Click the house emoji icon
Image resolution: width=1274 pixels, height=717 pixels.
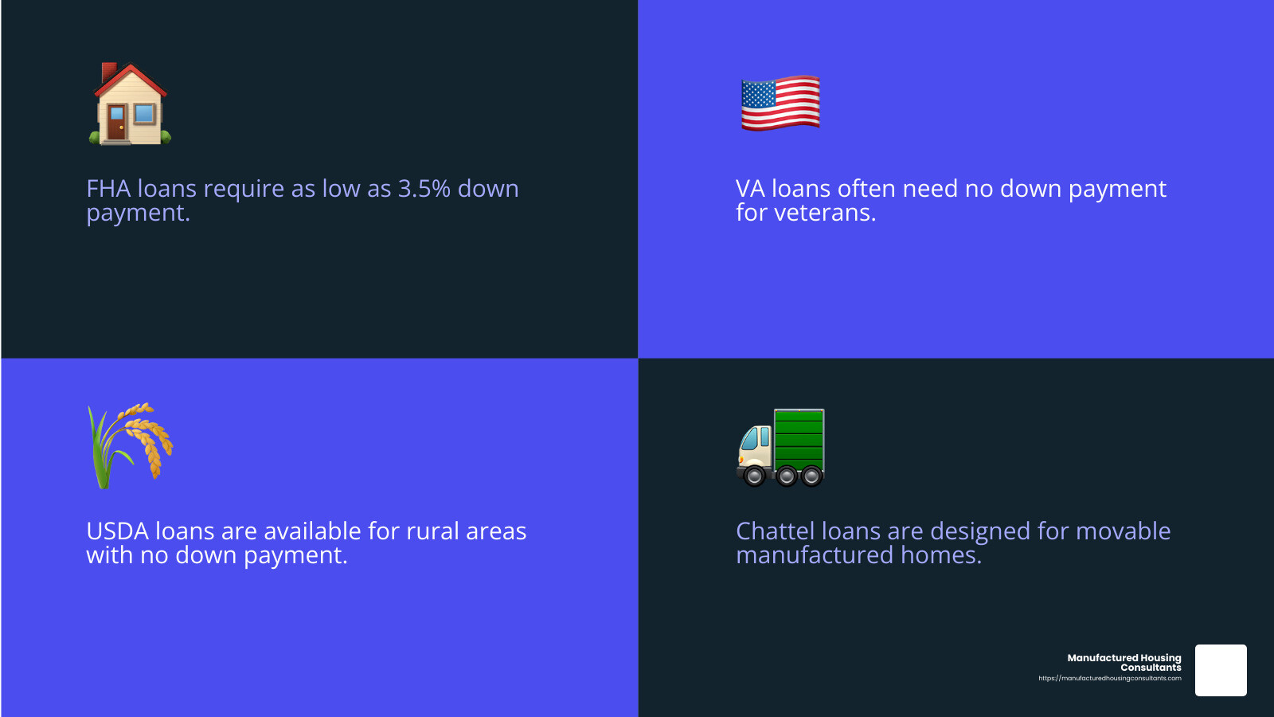[130, 104]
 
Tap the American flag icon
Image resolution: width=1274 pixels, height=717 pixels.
[780, 103]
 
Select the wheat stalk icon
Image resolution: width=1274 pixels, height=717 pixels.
[131, 445]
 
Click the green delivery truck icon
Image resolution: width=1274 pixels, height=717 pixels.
[780, 448]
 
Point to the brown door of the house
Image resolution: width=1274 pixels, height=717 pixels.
[116, 122]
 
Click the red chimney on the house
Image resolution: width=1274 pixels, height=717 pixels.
[108, 72]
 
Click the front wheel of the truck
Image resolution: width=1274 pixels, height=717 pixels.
[755, 476]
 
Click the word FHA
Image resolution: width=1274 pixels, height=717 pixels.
[108, 188]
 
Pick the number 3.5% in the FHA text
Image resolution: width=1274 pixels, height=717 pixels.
[424, 188]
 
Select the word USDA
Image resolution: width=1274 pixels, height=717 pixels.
[118, 531]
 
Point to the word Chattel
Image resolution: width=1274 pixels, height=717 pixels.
[776, 531]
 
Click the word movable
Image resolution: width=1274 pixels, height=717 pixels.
[1123, 531]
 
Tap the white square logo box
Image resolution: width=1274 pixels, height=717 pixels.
[1221, 670]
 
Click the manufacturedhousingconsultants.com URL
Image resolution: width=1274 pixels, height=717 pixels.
[1110, 678]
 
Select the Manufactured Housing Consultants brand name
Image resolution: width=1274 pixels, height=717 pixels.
[1124, 662]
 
